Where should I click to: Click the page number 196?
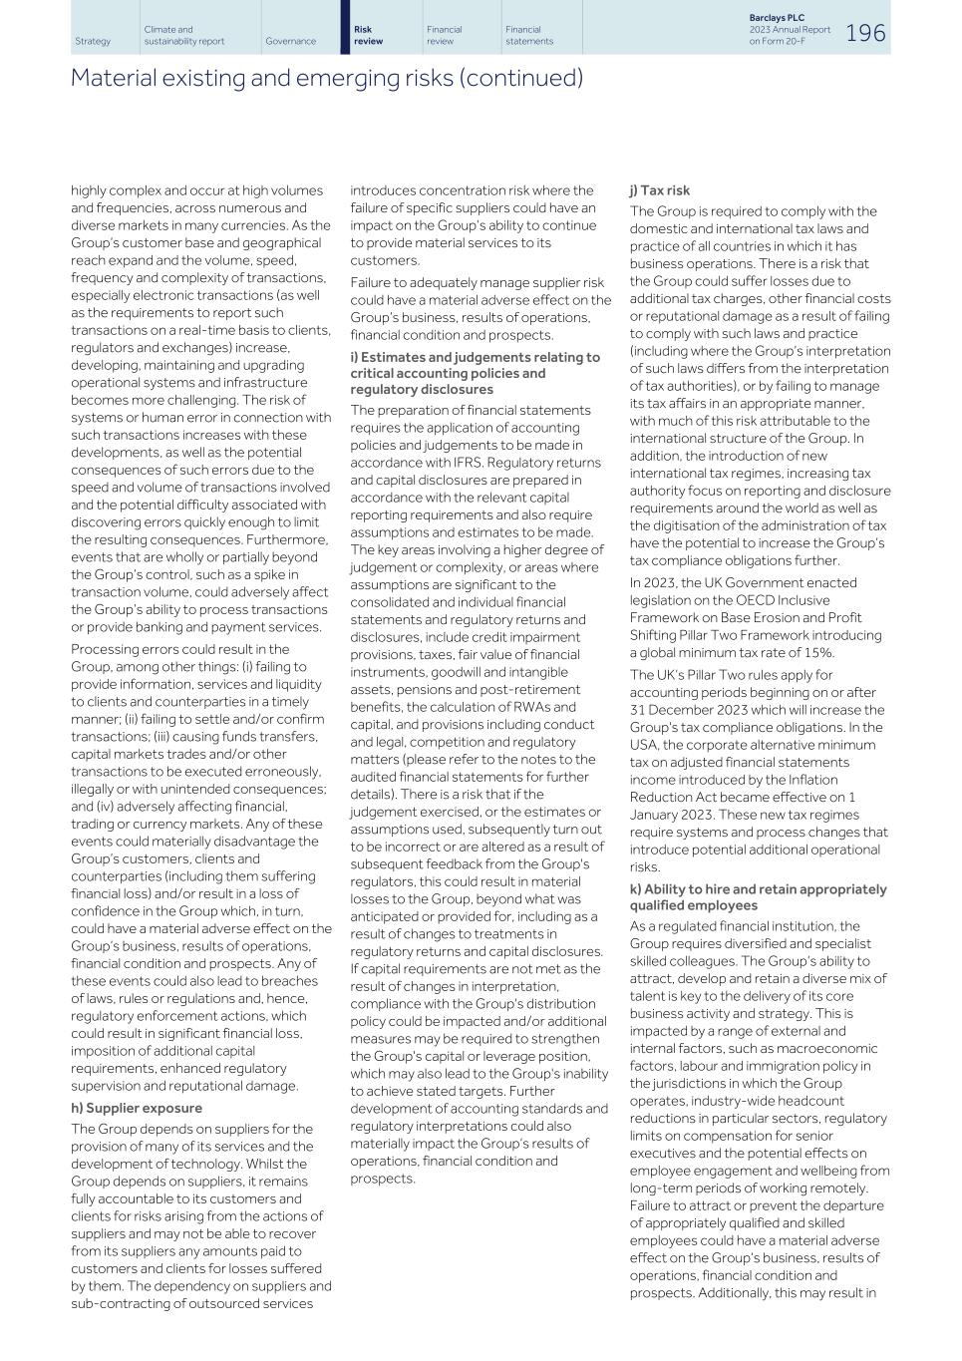click(x=865, y=33)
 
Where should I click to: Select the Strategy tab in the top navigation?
click(x=93, y=41)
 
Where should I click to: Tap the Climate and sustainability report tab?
click(x=184, y=35)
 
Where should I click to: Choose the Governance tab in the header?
click(x=290, y=41)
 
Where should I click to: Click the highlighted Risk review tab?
click(x=369, y=35)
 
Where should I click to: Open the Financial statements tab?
click(x=528, y=35)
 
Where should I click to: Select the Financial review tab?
click(x=444, y=35)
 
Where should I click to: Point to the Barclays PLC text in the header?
click(x=776, y=18)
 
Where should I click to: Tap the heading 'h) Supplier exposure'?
click(x=137, y=1108)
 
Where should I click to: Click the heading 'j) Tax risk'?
click(x=659, y=190)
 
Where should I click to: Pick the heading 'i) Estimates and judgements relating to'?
click(x=475, y=357)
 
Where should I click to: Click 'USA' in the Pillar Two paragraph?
click(x=644, y=745)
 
